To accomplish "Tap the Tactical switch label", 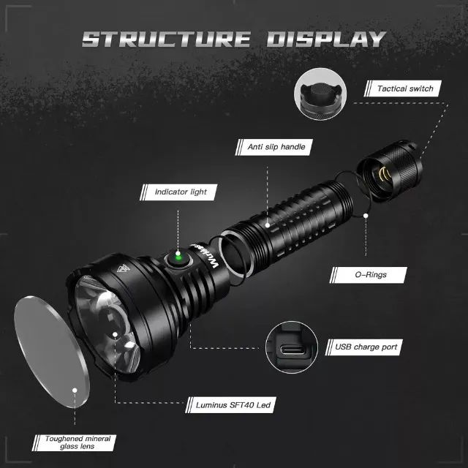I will click(x=405, y=88).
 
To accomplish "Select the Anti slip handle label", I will click(x=271, y=147).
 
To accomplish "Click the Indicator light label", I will click(x=181, y=192).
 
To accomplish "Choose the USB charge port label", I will click(x=366, y=347).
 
